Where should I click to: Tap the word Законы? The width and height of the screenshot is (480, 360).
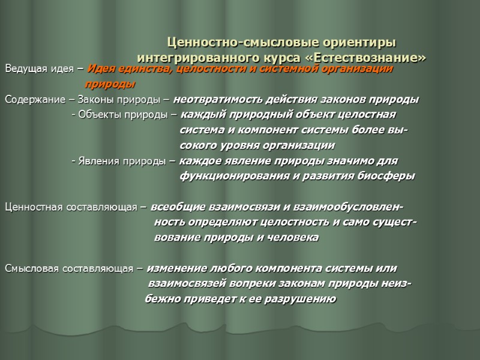91,100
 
